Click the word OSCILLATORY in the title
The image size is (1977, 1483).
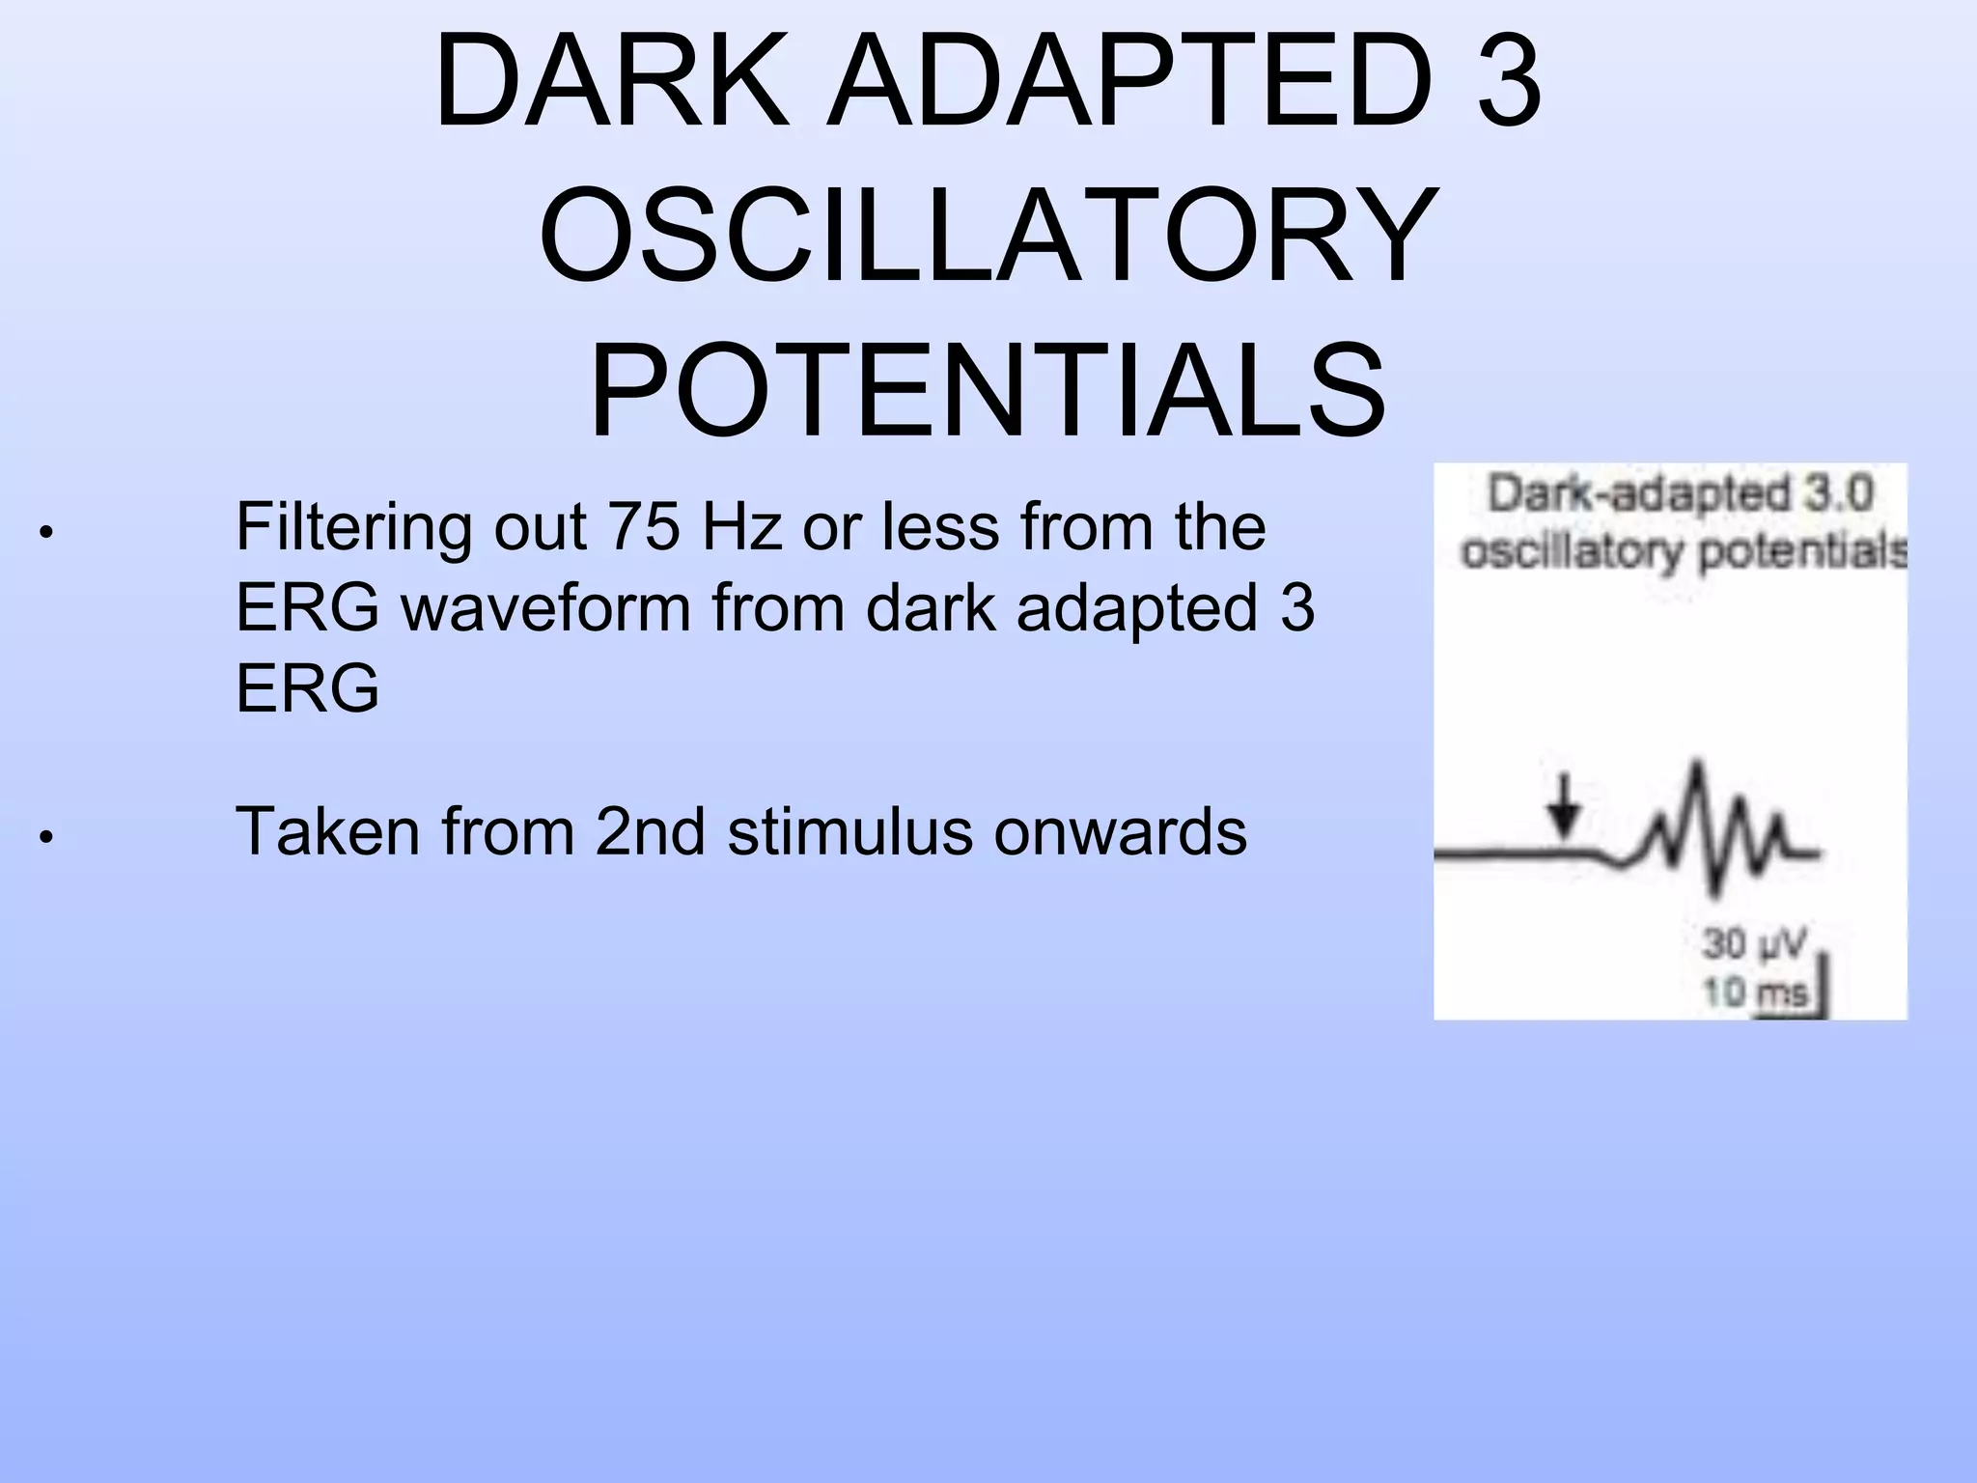(988, 236)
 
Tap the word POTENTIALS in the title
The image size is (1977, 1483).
(988, 391)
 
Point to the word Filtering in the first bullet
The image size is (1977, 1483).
(353, 529)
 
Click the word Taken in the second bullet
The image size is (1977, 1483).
(327, 831)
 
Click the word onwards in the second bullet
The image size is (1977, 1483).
(1121, 833)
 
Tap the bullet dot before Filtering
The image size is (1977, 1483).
(45, 532)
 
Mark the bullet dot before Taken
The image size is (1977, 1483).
(45, 837)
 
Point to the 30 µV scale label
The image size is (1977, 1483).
(1752, 943)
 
